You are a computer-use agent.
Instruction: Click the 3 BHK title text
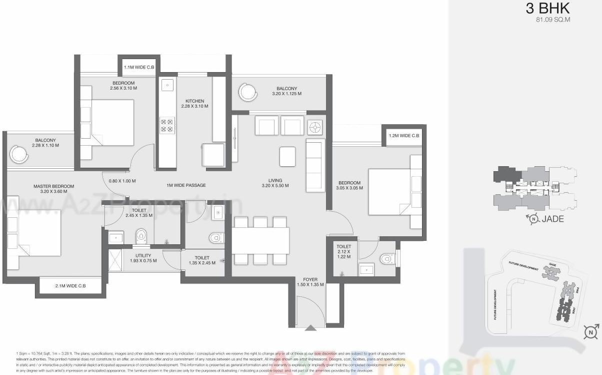coord(547,9)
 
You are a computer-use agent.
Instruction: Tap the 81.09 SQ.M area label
coord(552,21)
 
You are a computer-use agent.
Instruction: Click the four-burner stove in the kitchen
coord(167,125)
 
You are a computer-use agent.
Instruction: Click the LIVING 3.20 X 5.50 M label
coord(275,183)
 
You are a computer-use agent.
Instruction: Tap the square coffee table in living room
coord(287,156)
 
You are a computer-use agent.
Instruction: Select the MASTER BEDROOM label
coord(53,189)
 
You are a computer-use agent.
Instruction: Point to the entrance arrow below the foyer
coord(310,328)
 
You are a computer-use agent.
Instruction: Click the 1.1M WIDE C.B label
coord(139,67)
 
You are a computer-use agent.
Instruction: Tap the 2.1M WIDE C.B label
coord(70,286)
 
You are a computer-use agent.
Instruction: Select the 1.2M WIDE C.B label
coord(403,136)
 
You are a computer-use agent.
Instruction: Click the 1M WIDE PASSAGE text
coord(186,185)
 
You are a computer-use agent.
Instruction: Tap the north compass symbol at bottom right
coord(591,332)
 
